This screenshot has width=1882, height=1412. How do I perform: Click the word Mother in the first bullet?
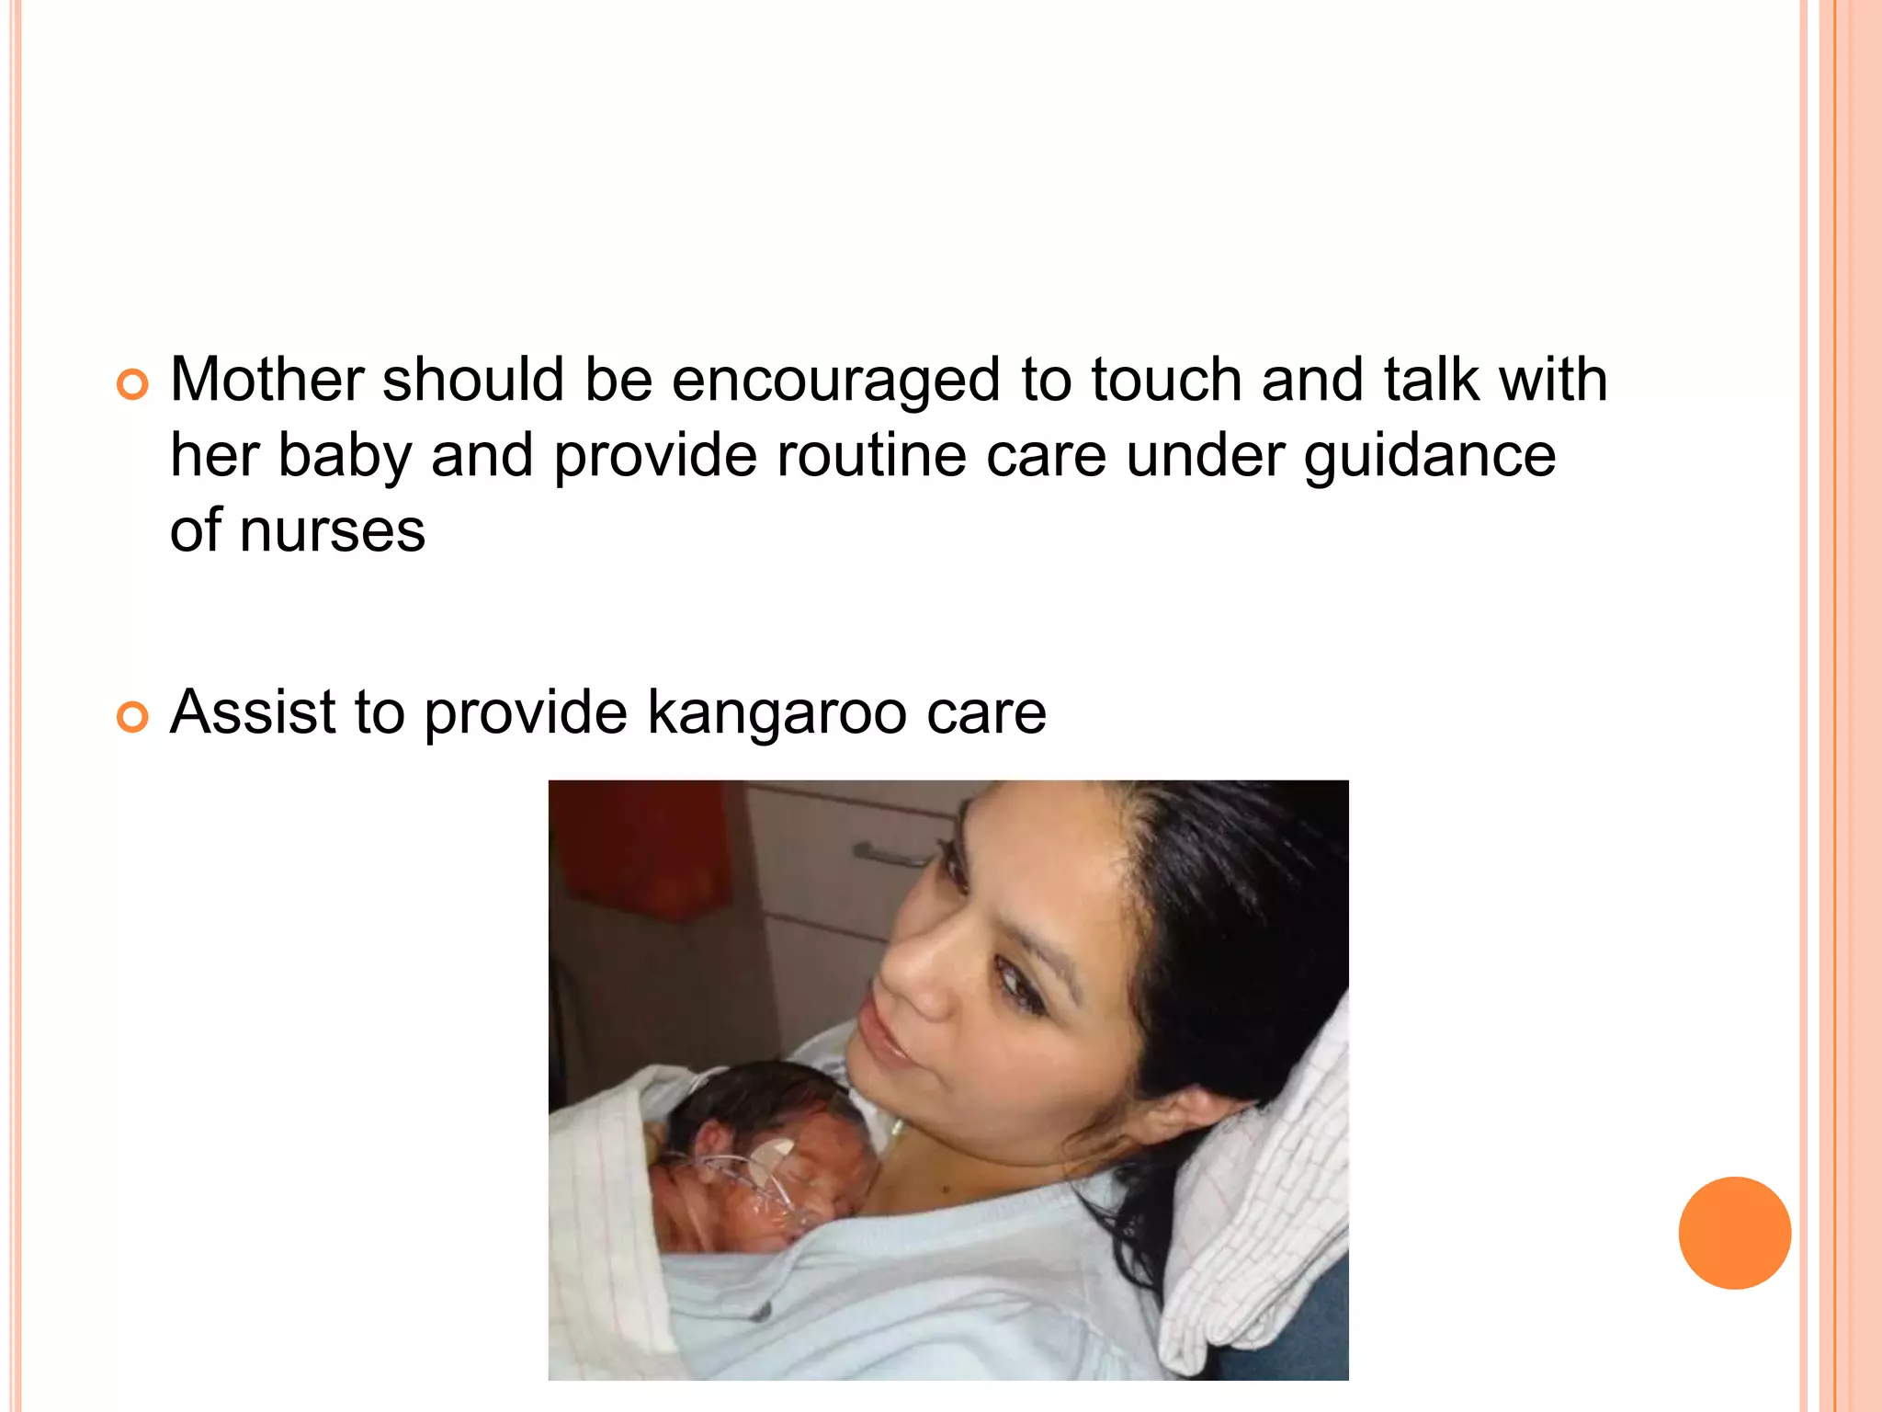(x=267, y=380)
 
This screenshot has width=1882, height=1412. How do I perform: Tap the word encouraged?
(x=835, y=381)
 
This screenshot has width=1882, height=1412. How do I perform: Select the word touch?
(x=1166, y=380)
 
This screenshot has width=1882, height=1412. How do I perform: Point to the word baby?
(x=344, y=457)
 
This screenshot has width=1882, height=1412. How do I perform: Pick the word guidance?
(x=1430, y=457)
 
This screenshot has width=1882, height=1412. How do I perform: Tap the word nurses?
(x=333, y=531)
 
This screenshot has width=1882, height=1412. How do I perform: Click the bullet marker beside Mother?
(x=132, y=385)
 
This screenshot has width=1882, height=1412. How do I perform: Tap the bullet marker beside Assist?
(x=132, y=717)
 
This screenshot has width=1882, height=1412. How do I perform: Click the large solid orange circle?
(x=1734, y=1233)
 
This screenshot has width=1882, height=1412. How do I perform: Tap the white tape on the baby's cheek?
(x=775, y=1150)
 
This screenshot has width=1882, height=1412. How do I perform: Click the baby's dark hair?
(x=754, y=1094)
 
